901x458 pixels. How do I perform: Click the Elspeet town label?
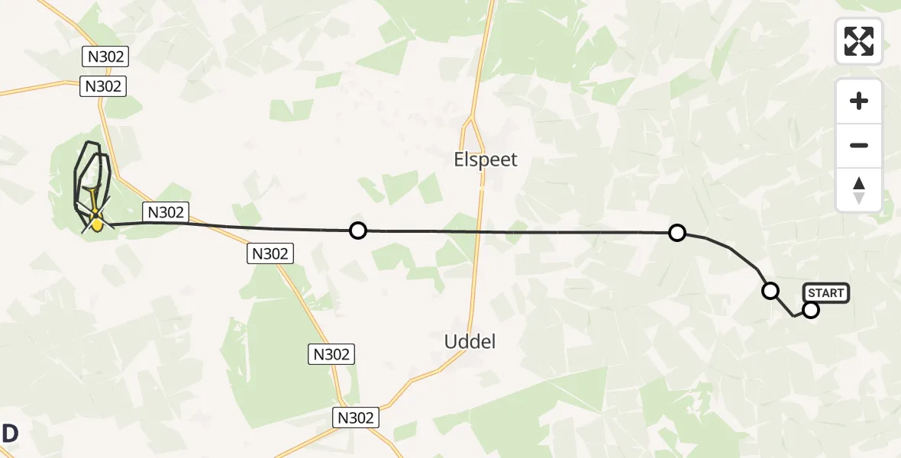[x=486, y=160]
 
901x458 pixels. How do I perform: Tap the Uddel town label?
[x=470, y=342]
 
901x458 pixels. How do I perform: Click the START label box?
[x=825, y=293]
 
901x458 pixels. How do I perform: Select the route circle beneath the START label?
[x=811, y=309]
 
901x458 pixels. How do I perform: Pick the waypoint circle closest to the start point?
[x=770, y=290]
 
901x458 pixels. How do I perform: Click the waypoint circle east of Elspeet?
[x=677, y=233]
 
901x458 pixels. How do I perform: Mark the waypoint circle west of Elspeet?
[x=357, y=230]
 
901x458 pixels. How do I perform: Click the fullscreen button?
[x=859, y=41]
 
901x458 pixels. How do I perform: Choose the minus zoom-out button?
[x=859, y=145]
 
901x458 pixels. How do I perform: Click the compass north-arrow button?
[x=859, y=189]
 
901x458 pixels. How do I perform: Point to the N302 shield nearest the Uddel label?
[x=331, y=354]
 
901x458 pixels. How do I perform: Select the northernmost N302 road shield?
[x=104, y=56]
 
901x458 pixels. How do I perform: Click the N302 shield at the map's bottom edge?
[x=356, y=418]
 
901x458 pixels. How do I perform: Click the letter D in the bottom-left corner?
[x=10, y=434]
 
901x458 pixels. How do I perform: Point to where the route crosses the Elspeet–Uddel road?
[x=482, y=231]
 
